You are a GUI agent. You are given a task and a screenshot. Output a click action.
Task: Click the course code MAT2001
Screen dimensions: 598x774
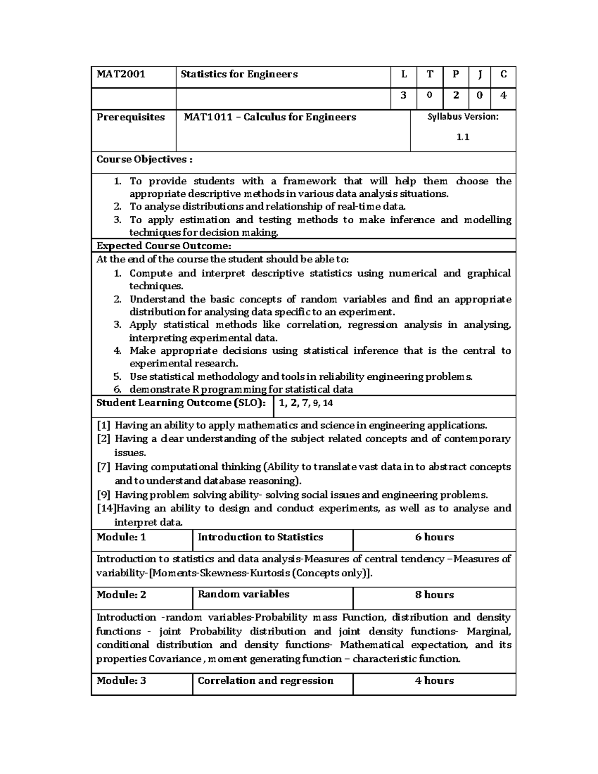pyautogui.click(x=121, y=75)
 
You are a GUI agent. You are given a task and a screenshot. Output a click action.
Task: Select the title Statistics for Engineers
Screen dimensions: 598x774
pyautogui.click(x=239, y=75)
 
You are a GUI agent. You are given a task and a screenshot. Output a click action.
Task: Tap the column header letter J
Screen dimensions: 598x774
pyautogui.click(x=479, y=75)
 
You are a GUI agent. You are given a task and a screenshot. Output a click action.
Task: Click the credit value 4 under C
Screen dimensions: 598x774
pyautogui.click(x=503, y=96)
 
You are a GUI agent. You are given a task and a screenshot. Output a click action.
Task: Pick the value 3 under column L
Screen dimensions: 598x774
pyautogui.click(x=404, y=96)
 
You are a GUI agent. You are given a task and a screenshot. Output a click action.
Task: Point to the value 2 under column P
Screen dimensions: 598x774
pyautogui.click(x=456, y=96)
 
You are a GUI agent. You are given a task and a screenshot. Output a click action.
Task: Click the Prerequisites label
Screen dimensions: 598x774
pyautogui.click(x=131, y=117)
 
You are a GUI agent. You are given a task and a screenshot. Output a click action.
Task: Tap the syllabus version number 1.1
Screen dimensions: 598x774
pyautogui.click(x=463, y=137)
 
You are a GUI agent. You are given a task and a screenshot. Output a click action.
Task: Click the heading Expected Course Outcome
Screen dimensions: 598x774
pyautogui.click(x=163, y=246)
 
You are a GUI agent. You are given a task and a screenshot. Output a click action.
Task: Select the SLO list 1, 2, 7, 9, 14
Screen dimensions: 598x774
pyautogui.click(x=306, y=403)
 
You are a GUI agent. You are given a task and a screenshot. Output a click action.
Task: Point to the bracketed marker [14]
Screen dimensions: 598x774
pyautogui.click(x=105, y=508)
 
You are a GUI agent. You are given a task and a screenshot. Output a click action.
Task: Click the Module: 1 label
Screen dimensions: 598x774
pyautogui.click(x=121, y=537)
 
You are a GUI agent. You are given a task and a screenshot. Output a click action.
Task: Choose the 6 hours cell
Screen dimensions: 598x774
pyautogui.click(x=434, y=537)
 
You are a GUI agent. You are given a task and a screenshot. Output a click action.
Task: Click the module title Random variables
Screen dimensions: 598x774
pyautogui.click(x=244, y=594)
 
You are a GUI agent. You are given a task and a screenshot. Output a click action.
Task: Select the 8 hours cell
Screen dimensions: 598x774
pyautogui.click(x=434, y=595)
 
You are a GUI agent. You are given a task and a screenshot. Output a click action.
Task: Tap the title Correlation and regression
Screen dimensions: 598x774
pyautogui.click(x=266, y=681)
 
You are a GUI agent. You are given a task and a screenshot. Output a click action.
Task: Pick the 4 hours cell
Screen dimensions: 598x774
pyautogui.click(x=434, y=681)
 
